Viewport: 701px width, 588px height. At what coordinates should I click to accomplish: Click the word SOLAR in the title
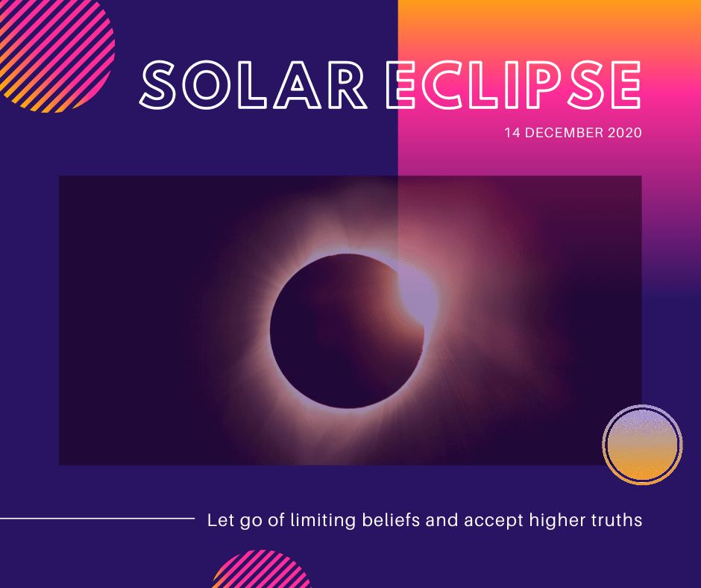point(253,85)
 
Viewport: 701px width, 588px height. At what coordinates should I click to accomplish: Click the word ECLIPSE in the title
point(513,85)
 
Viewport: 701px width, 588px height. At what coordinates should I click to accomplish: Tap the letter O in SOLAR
point(206,85)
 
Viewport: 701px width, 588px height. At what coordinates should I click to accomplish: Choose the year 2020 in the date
point(624,133)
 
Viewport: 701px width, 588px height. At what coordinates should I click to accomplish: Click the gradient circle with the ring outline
point(642,444)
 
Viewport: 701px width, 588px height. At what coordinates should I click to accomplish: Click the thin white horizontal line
point(97,519)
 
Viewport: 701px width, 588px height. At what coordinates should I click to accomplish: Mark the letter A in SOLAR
point(297,85)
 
